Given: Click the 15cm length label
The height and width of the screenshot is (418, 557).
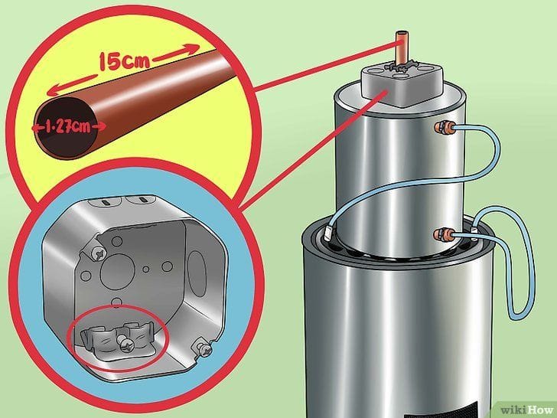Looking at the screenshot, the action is click(124, 61).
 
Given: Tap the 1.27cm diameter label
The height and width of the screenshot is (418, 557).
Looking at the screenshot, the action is click(69, 126).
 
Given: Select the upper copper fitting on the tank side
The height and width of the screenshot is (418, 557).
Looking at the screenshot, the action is click(444, 127).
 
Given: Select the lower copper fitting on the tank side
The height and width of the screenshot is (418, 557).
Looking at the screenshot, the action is click(444, 235).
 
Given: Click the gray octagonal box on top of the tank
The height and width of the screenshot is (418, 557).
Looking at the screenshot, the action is click(402, 83).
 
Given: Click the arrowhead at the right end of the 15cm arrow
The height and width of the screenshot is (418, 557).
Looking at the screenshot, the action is click(193, 48).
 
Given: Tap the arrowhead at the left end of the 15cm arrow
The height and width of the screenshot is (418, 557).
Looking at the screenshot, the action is click(54, 92).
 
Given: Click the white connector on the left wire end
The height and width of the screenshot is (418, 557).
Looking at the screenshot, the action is click(328, 232).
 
